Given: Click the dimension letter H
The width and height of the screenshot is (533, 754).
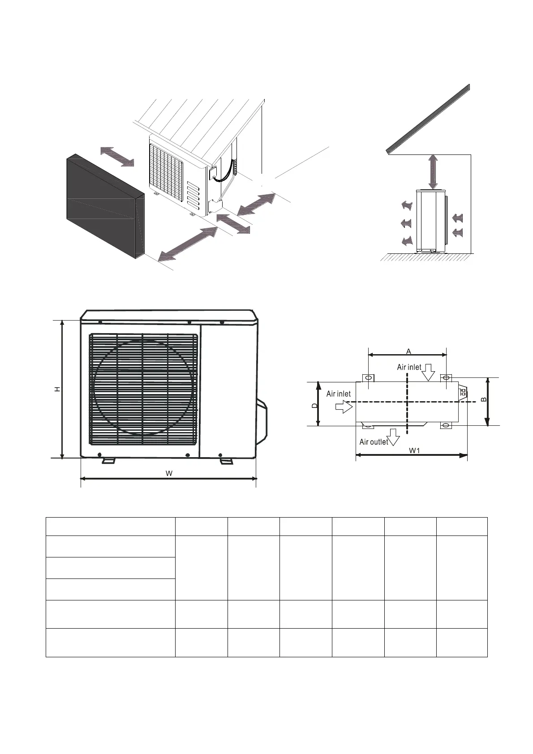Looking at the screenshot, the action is click(x=57, y=390).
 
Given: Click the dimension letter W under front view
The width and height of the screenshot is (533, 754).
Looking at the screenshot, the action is click(x=169, y=473).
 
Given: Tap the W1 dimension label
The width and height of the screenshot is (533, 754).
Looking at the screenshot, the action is click(x=414, y=450).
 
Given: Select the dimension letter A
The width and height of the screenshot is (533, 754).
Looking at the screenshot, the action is click(x=408, y=351).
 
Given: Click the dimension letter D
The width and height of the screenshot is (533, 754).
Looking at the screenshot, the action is click(x=314, y=405).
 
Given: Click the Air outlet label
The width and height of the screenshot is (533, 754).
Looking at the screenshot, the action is click(x=374, y=442).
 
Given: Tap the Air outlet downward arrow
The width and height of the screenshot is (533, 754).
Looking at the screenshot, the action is click(x=394, y=437).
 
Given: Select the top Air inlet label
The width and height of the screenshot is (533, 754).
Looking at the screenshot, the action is click(x=408, y=367).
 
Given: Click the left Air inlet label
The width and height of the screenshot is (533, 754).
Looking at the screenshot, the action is click(x=338, y=394).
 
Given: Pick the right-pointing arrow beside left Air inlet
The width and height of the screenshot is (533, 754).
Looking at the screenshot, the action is click(x=344, y=407).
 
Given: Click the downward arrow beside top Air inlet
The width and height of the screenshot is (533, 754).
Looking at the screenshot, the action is click(x=429, y=372).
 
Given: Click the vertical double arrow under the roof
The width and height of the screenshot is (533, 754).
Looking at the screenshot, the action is click(x=433, y=171).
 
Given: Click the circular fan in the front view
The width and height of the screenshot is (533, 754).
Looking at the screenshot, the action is click(x=142, y=387).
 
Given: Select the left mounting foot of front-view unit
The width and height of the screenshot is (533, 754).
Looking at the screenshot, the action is click(x=108, y=460).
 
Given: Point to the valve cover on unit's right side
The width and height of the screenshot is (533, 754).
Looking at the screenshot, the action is click(x=262, y=421).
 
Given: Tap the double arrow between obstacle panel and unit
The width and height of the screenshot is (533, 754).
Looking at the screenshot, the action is click(x=117, y=156).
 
